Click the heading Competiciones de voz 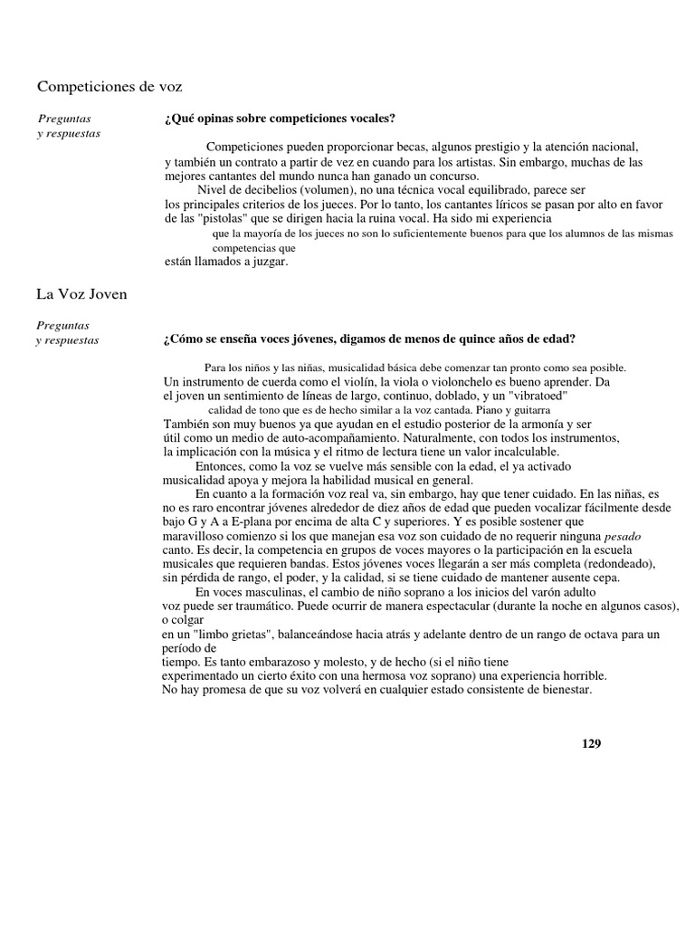pos(109,87)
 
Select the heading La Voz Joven pos(81,294)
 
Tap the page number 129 pos(591,743)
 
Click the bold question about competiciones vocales pos(279,119)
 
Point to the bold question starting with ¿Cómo pos(368,339)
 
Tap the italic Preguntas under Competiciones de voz pos(63,119)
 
